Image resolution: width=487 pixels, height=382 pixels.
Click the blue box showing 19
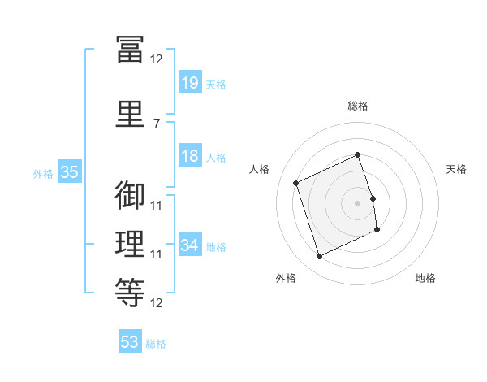tap(189, 83)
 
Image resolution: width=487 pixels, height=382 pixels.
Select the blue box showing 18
tap(189, 156)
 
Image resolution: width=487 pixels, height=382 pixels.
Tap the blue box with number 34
tap(189, 245)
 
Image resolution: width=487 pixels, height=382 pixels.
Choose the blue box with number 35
tap(69, 172)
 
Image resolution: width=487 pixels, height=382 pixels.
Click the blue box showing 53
tap(129, 342)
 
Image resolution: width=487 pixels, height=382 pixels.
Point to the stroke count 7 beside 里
tap(156, 124)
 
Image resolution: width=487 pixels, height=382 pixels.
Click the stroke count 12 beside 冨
tap(156, 59)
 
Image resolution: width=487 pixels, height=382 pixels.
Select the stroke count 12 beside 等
tap(156, 303)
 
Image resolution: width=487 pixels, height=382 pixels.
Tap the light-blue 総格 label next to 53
tap(156, 344)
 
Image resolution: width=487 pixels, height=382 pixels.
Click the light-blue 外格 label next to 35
tap(42, 173)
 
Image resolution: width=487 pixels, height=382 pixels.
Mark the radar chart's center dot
tap(357, 202)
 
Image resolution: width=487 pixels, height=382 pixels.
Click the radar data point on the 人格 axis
tap(296, 183)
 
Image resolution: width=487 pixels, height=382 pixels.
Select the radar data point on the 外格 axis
tap(319, 257)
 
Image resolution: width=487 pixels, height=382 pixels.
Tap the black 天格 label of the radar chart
tap(456, 169)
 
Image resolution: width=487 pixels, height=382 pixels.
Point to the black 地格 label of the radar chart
tap(425, 278)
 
